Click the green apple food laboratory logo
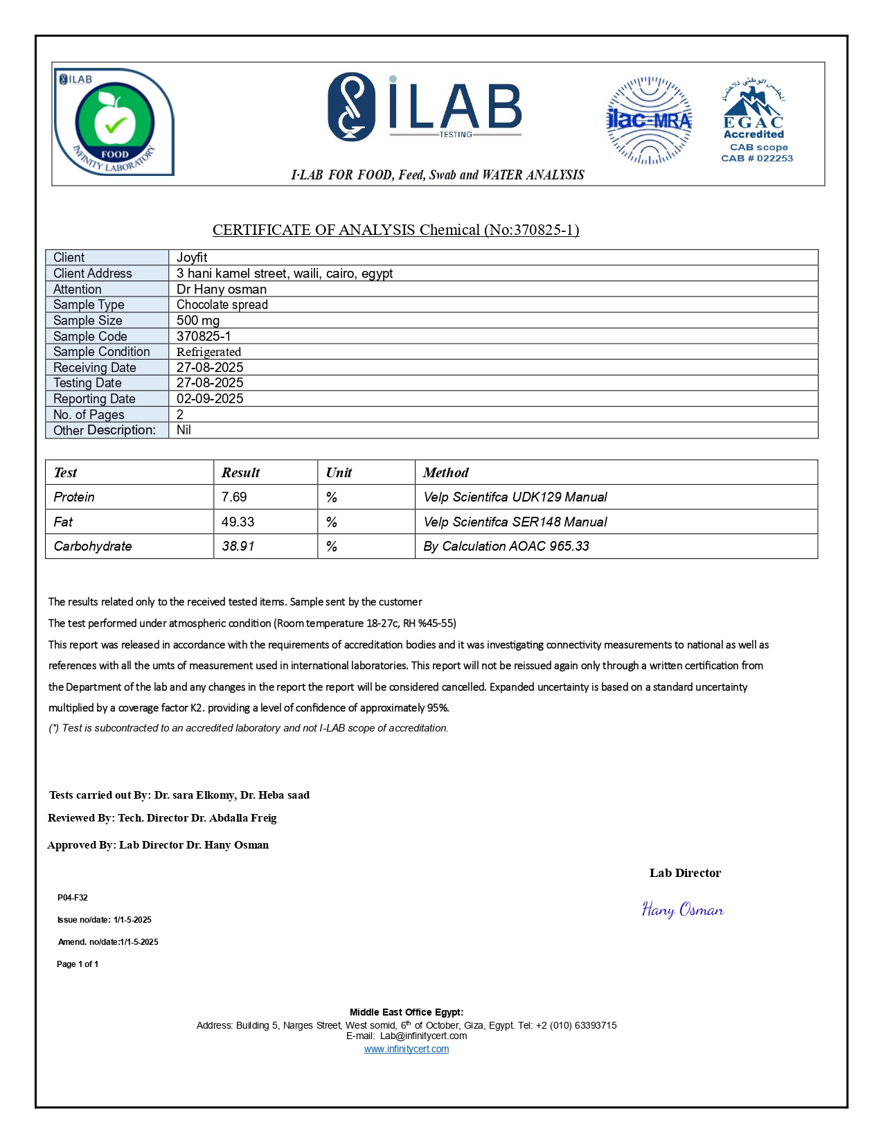point(114,123)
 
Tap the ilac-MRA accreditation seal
point(649,121)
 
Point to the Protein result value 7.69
point(234,497)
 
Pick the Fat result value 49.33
point(238,522)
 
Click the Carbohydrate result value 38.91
point(238,547)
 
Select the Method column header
point(445,473)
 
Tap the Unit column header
point(339,473)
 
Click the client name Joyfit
point(192,258)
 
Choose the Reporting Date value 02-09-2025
point(210,399)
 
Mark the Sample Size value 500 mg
point(198,321)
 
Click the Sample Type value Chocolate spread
point(222,305)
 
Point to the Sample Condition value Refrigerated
point(208,352)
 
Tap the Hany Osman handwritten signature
point(682,910)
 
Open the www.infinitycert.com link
point(407,1049)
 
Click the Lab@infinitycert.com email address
point(423,1036)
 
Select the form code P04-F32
point(73,898)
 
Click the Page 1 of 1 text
point(78,964)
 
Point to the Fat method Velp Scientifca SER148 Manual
point(515,522)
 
